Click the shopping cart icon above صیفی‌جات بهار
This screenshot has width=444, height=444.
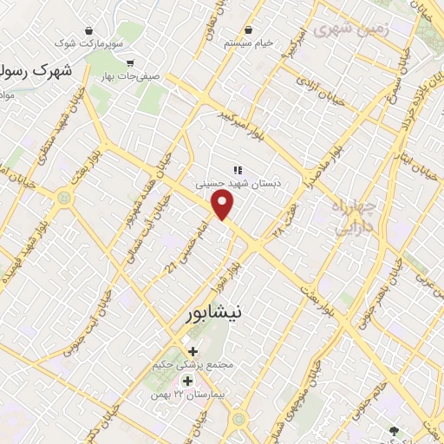130,62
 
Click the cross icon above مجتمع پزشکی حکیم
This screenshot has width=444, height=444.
192,350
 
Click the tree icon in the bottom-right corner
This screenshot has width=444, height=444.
395,429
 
